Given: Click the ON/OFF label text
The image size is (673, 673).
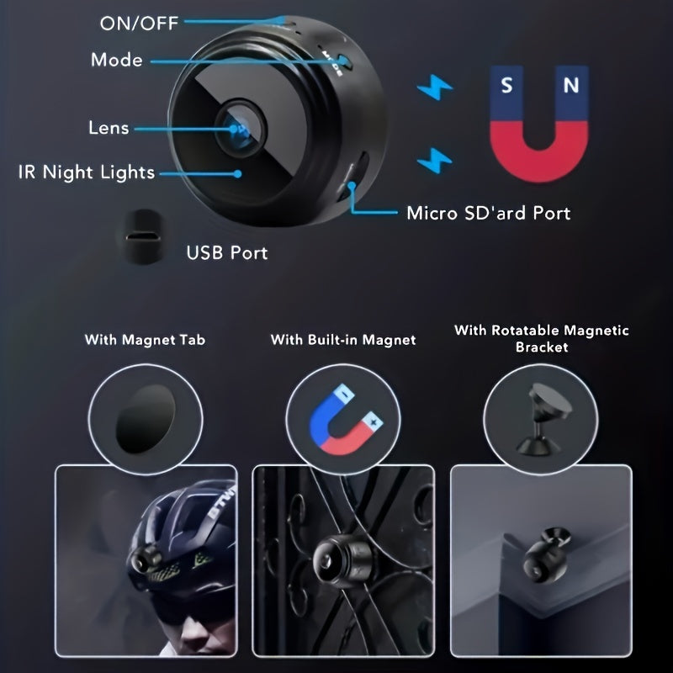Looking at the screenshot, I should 139,23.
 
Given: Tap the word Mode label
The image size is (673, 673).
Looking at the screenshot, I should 116,61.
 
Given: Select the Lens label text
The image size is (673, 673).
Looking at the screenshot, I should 109,128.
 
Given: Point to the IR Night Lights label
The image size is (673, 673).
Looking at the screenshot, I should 87,172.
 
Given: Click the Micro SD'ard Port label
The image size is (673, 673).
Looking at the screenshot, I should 488,212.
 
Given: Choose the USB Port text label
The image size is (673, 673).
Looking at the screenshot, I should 226,252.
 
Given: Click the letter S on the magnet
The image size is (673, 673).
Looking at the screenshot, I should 506,85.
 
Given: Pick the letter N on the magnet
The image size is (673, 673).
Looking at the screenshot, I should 571,85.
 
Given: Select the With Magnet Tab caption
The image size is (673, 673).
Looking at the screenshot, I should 145,340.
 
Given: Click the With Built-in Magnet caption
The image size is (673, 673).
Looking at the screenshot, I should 343,340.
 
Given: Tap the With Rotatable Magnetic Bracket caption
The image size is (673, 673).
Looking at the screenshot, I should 541,338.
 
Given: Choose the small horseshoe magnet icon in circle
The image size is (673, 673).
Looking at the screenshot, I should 342,418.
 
